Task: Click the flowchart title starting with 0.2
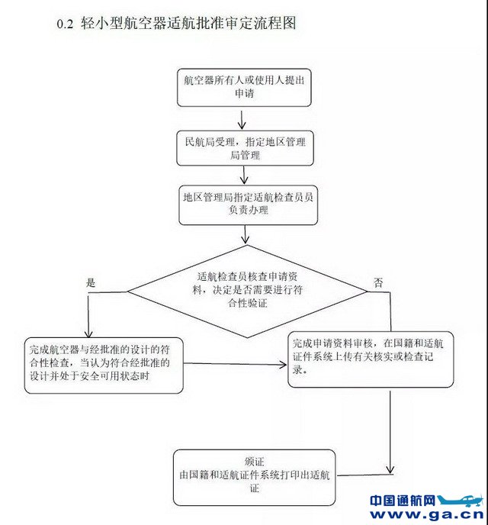[175, 24]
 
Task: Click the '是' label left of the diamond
[91, 282]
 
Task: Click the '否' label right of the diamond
[378, 282]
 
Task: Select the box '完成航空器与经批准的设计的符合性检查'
[104, 363]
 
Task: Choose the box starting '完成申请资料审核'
[371, 358]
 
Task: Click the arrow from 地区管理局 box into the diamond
[245, 236]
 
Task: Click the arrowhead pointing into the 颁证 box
[391, 469]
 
